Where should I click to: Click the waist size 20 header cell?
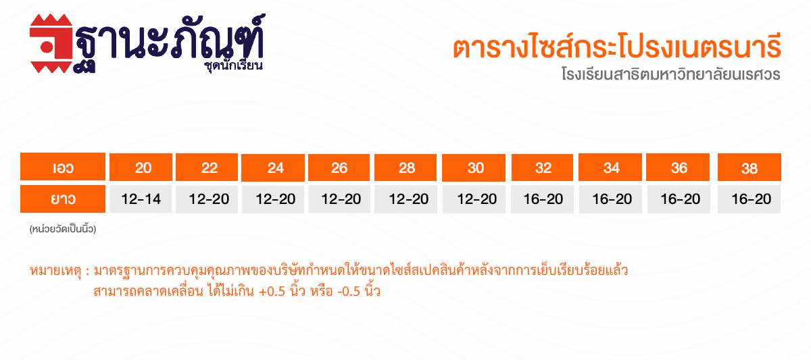point(141,167)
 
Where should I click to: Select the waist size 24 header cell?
point(273,168)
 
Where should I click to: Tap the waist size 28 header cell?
point(405,168)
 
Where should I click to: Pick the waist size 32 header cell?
point(542,168)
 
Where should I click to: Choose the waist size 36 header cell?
point(678,167)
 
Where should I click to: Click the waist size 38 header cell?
point(749,167)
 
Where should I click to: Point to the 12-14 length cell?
point(141,199)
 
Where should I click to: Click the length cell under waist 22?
point(207,199)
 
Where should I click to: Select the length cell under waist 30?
point(474,199)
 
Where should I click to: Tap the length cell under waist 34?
point(610,199)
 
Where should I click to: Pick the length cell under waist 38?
point(749,199)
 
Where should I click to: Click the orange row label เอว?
point(63,166)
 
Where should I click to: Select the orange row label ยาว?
point(63,199)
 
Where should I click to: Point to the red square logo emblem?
point(51,43)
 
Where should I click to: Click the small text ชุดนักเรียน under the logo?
point(234,66)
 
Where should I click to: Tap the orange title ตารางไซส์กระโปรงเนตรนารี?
point(616,47)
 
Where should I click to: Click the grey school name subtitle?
point(671,74)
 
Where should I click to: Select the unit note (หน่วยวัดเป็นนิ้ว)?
point(63,229)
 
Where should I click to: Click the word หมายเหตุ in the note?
point(55,271)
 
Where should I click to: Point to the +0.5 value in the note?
point(272,292)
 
